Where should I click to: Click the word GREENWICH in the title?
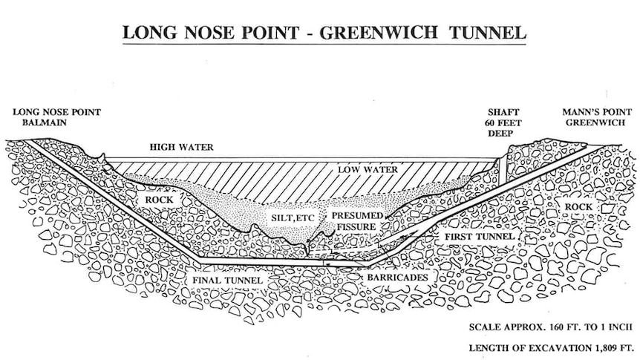378,33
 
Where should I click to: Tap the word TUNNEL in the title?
487,33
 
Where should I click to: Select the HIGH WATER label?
181,148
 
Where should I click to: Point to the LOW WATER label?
368,169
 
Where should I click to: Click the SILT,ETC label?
293,218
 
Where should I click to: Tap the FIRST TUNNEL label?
479,237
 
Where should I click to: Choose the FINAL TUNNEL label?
228,281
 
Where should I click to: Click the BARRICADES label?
397,278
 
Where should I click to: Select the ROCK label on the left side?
159,200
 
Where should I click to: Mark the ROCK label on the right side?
578,207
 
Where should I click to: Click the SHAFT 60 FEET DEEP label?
503,123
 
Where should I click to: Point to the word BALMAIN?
44,122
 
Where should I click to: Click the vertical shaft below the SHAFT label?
503,171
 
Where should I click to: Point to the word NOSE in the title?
210,33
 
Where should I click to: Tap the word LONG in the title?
150,33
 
